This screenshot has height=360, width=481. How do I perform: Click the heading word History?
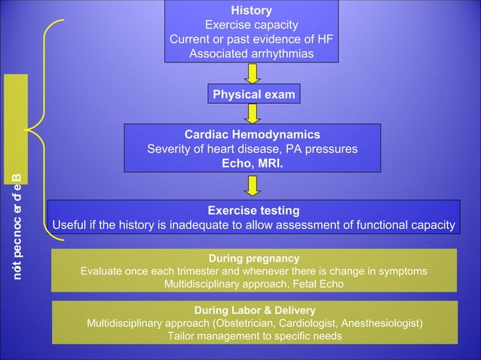251,11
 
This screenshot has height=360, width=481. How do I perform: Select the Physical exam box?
254,94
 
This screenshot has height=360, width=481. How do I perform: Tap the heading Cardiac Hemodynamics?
253,134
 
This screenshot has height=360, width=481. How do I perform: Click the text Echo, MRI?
253,163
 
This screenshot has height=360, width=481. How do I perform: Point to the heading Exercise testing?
253,210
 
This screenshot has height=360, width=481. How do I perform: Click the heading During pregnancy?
253,258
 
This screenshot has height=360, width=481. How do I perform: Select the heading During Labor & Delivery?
254,310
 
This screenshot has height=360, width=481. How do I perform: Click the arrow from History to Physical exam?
253,73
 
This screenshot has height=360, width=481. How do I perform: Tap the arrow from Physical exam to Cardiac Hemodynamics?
253,113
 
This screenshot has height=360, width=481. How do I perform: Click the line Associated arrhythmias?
251,53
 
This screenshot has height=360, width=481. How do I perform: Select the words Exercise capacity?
251,25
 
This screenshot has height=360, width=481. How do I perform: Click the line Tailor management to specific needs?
254,336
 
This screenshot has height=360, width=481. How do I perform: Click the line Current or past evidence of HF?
251,39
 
